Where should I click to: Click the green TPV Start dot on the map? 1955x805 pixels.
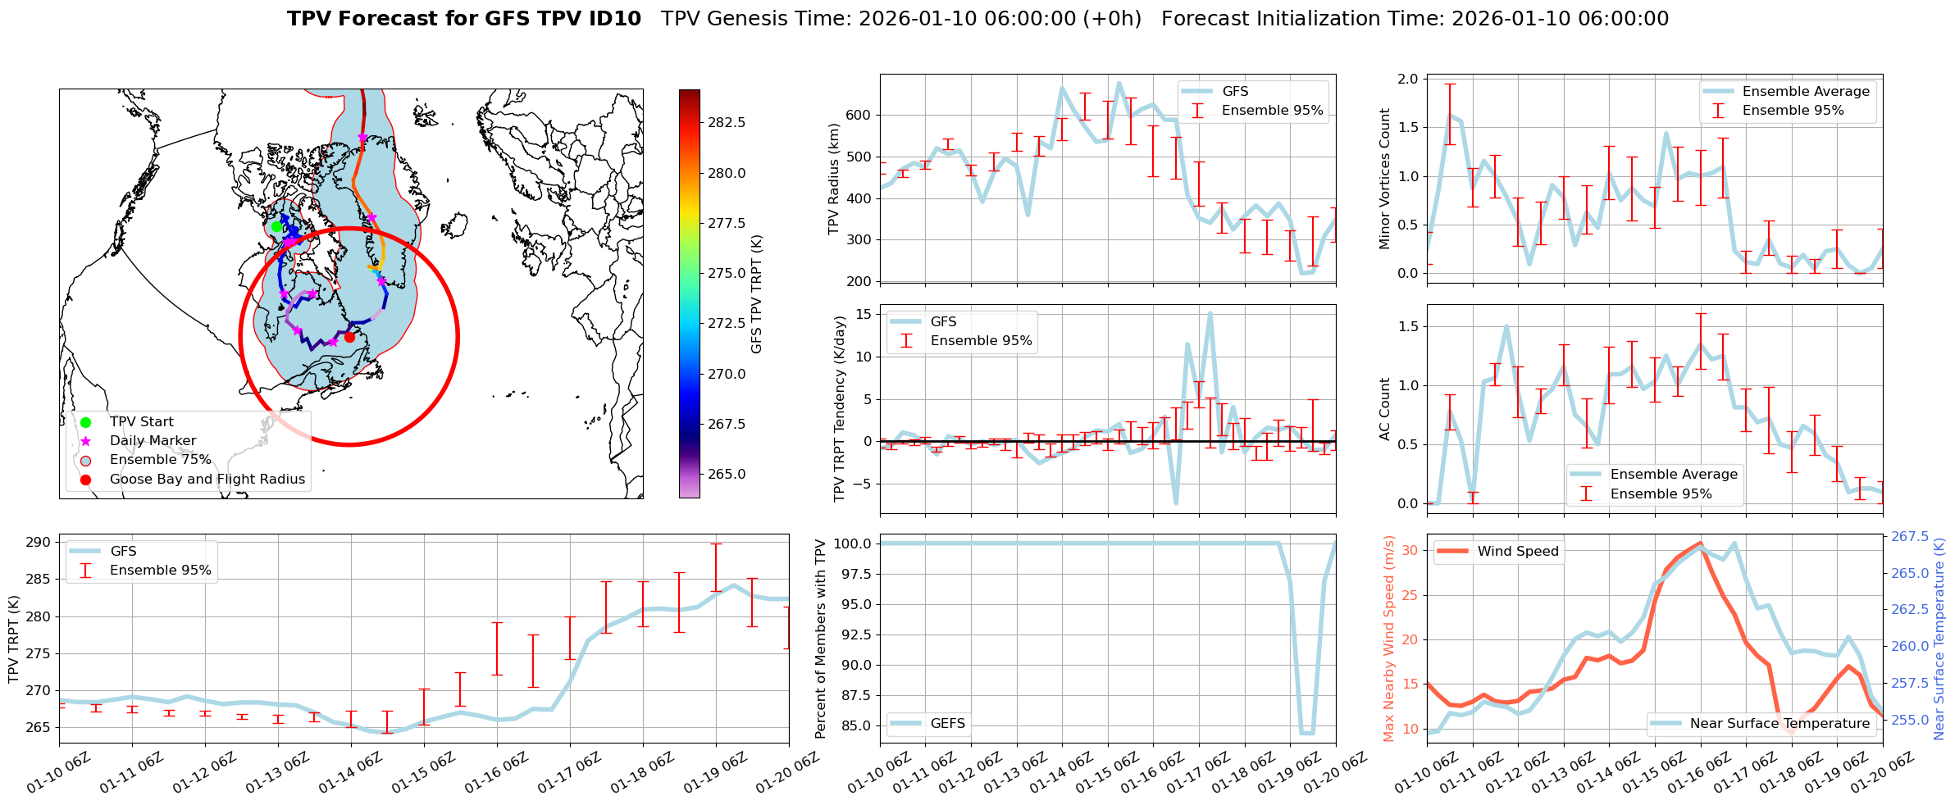[276, 227]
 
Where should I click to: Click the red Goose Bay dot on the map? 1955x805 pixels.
[349, 337]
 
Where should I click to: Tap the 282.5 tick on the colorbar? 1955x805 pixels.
[727, 122]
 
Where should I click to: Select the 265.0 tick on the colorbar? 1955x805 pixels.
[727, 474]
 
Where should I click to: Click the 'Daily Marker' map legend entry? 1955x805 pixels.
[153, 441]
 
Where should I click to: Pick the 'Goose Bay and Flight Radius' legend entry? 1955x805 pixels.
[207, 480]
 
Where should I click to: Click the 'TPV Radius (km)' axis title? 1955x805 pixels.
[834, 179]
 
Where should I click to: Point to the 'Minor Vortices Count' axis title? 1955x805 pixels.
[1384, 179]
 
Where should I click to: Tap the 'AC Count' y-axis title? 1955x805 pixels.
[1384, 409]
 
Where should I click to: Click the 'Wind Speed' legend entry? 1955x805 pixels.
[1517, 552]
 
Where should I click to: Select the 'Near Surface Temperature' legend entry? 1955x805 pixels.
[1780, 723]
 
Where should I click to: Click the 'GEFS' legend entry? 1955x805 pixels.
[947, 723]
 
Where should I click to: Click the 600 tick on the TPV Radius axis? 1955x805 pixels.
[858, 116]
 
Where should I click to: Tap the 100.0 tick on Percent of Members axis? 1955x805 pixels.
[853, 543]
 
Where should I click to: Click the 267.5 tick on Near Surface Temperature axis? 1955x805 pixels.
[1909, 537]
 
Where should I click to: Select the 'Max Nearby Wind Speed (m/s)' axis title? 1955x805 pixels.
[1388, 639]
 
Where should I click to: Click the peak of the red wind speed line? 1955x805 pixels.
[1699, 543]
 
